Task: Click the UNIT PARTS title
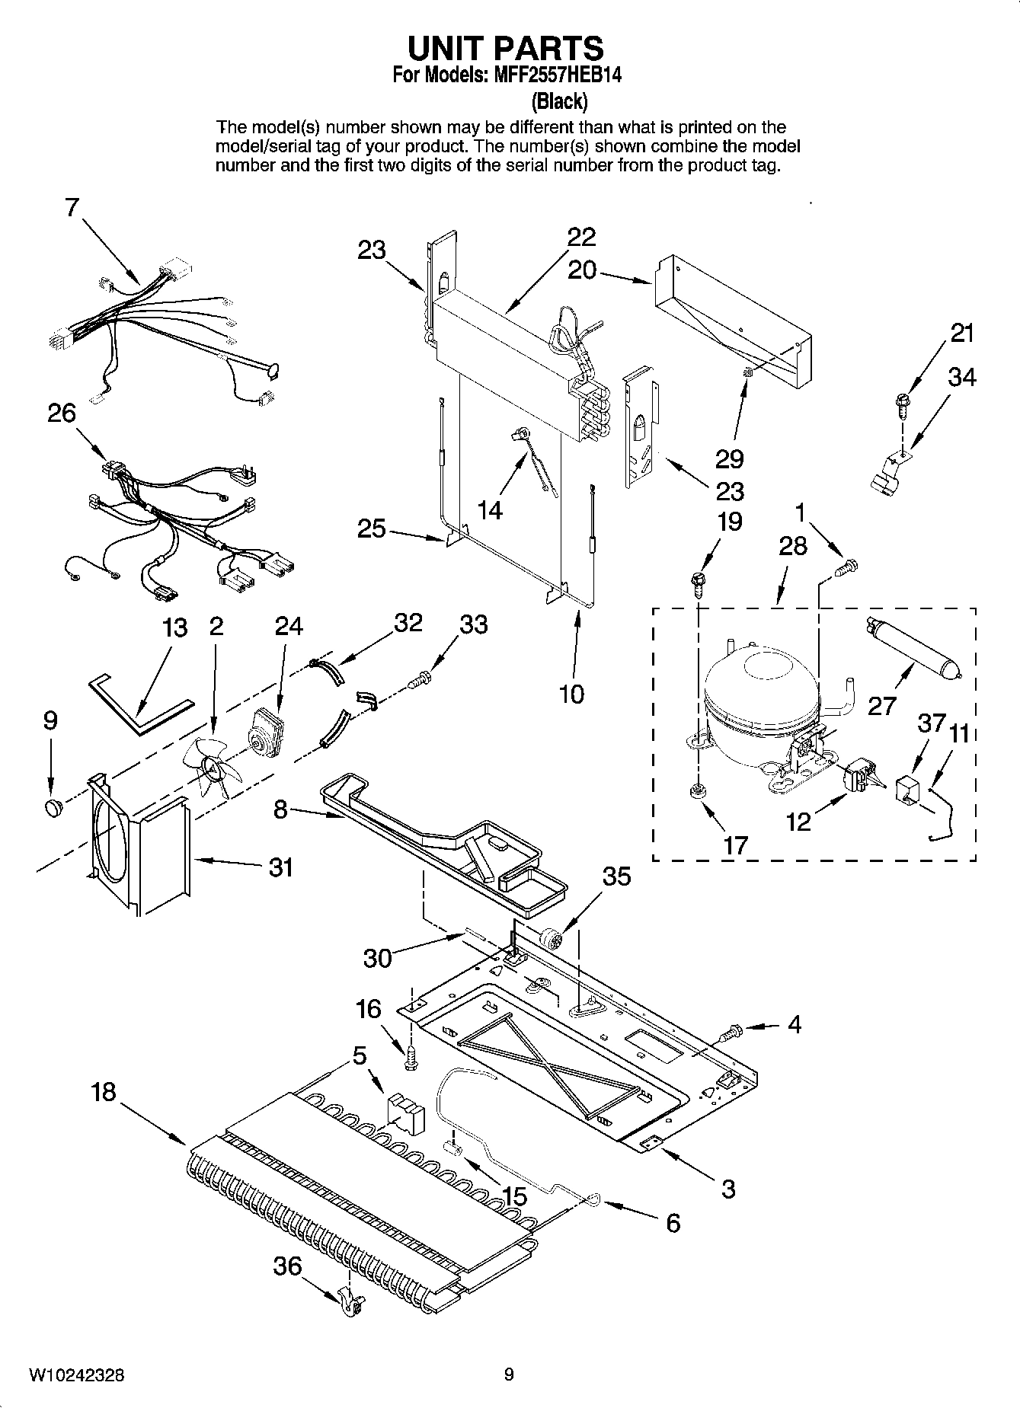[x=505, y=49]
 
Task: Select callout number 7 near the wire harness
[x=72, y=207]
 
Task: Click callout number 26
[x=62, y=413]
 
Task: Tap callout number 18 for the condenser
[x=103, y=1092]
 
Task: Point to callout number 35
[x=616, y=876]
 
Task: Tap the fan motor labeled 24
[x=264, y=733]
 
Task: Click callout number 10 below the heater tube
[x=571, y=694]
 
